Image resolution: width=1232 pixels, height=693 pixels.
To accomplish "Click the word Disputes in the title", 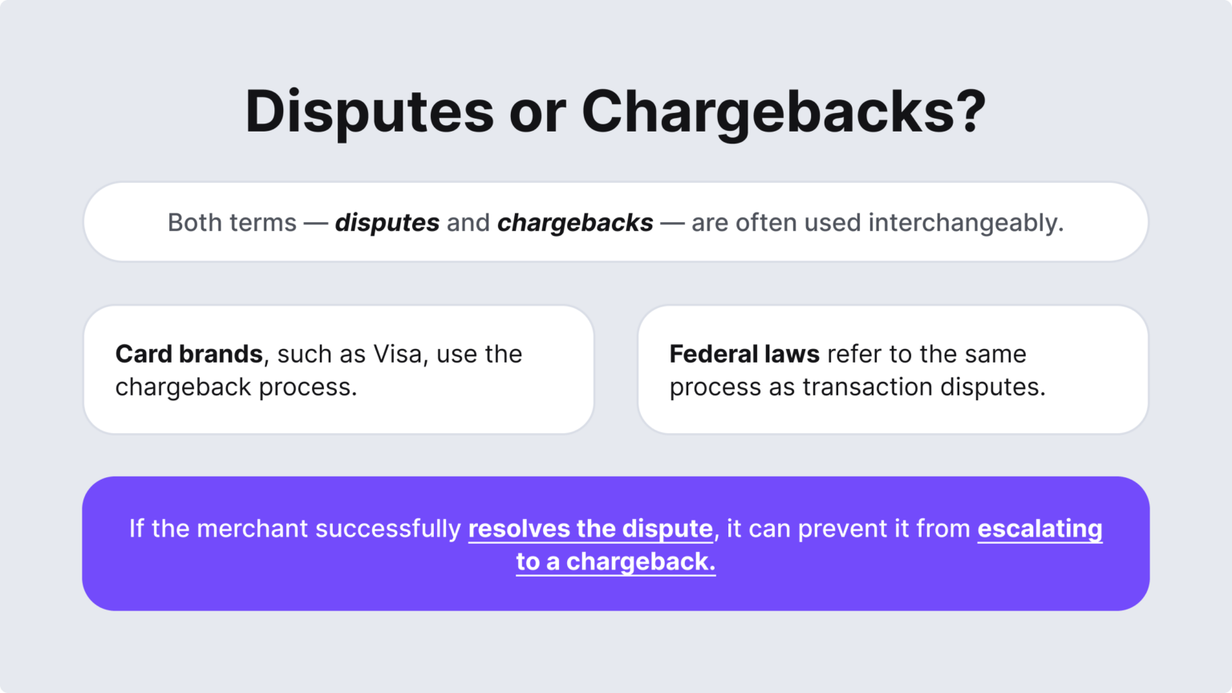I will [x=369, y=111].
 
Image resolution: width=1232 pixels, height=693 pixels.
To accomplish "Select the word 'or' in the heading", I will [x=537, y=111].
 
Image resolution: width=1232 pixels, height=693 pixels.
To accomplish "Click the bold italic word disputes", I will [x=387, y=223].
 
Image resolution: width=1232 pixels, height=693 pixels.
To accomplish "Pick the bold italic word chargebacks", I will [x=575, y=223].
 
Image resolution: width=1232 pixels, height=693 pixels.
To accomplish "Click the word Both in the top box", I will [x=192, y=223].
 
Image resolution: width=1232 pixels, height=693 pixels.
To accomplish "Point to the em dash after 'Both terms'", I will [x=316, y=223].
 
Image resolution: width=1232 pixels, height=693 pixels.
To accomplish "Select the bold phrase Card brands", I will [x=189, y=354].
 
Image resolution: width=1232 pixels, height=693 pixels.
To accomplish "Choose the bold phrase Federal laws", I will [x=744, y=354].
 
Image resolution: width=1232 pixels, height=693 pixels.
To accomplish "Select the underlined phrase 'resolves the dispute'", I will [x=590, y=529].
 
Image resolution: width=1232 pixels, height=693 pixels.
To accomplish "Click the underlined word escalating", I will [x=1039, y=529].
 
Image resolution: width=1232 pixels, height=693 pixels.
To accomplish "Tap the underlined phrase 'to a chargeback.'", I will [x=616, y=562].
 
